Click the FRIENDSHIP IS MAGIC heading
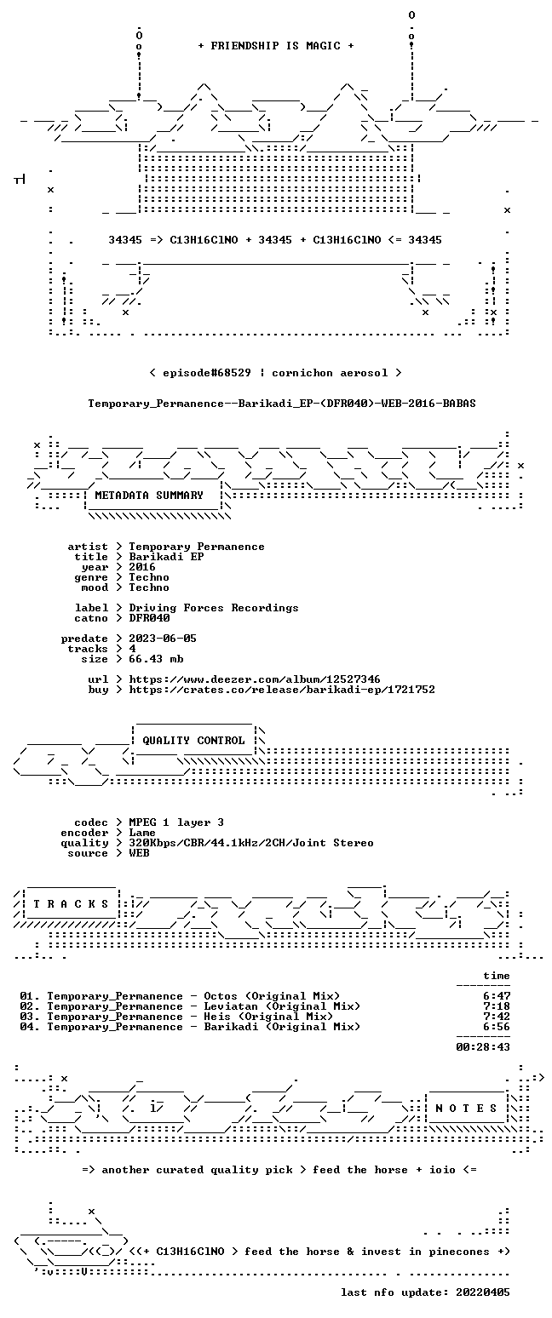276,46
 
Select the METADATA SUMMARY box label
149,496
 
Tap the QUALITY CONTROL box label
193,741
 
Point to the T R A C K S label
72,904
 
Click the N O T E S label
466,1108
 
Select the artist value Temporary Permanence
197,547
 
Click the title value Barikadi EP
166,557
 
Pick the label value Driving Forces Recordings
214,608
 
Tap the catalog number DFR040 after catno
149,618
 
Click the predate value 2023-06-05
163,639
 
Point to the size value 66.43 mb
156,659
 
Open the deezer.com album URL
254,679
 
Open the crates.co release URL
282,690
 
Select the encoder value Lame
142,833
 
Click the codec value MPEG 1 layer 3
176,822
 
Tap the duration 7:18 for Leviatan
497,1006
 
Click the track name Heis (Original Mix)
268,1017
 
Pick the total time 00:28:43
482,1047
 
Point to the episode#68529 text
206,373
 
